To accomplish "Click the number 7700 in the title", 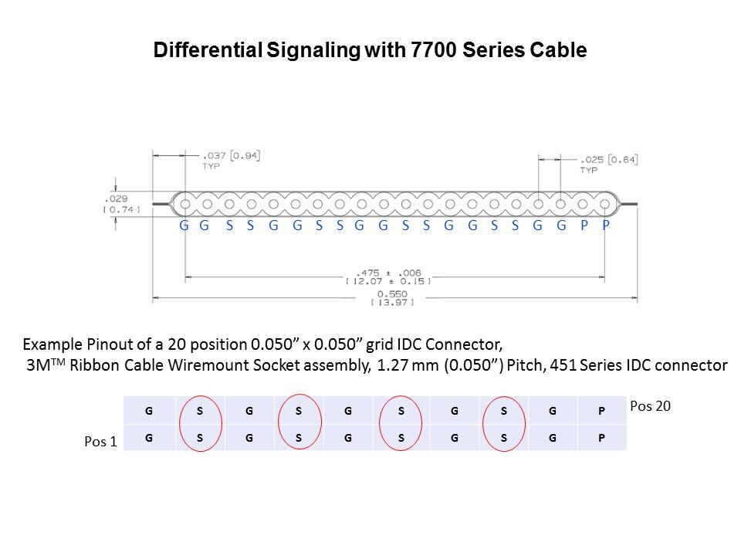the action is coord(434,49).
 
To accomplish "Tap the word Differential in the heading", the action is coord(208,49).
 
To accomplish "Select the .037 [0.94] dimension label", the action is coord(232,155).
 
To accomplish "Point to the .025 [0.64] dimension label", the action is coord(609,160).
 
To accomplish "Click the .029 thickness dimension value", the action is coord(117,198).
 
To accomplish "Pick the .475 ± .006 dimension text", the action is coord(388,273).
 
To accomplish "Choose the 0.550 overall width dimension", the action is coord(392,294).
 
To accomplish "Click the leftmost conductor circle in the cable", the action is coord(185,204).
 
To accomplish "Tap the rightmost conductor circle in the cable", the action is coord(605,204).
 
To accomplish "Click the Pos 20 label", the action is coord(650,406).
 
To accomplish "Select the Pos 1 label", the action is coord(100,442).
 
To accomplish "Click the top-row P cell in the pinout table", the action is coord(602,410).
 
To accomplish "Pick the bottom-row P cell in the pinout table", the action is coord(602,437).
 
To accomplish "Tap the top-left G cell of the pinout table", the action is coord(149,410).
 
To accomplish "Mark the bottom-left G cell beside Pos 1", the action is coord(149,437).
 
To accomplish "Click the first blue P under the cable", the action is coord(584,225).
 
